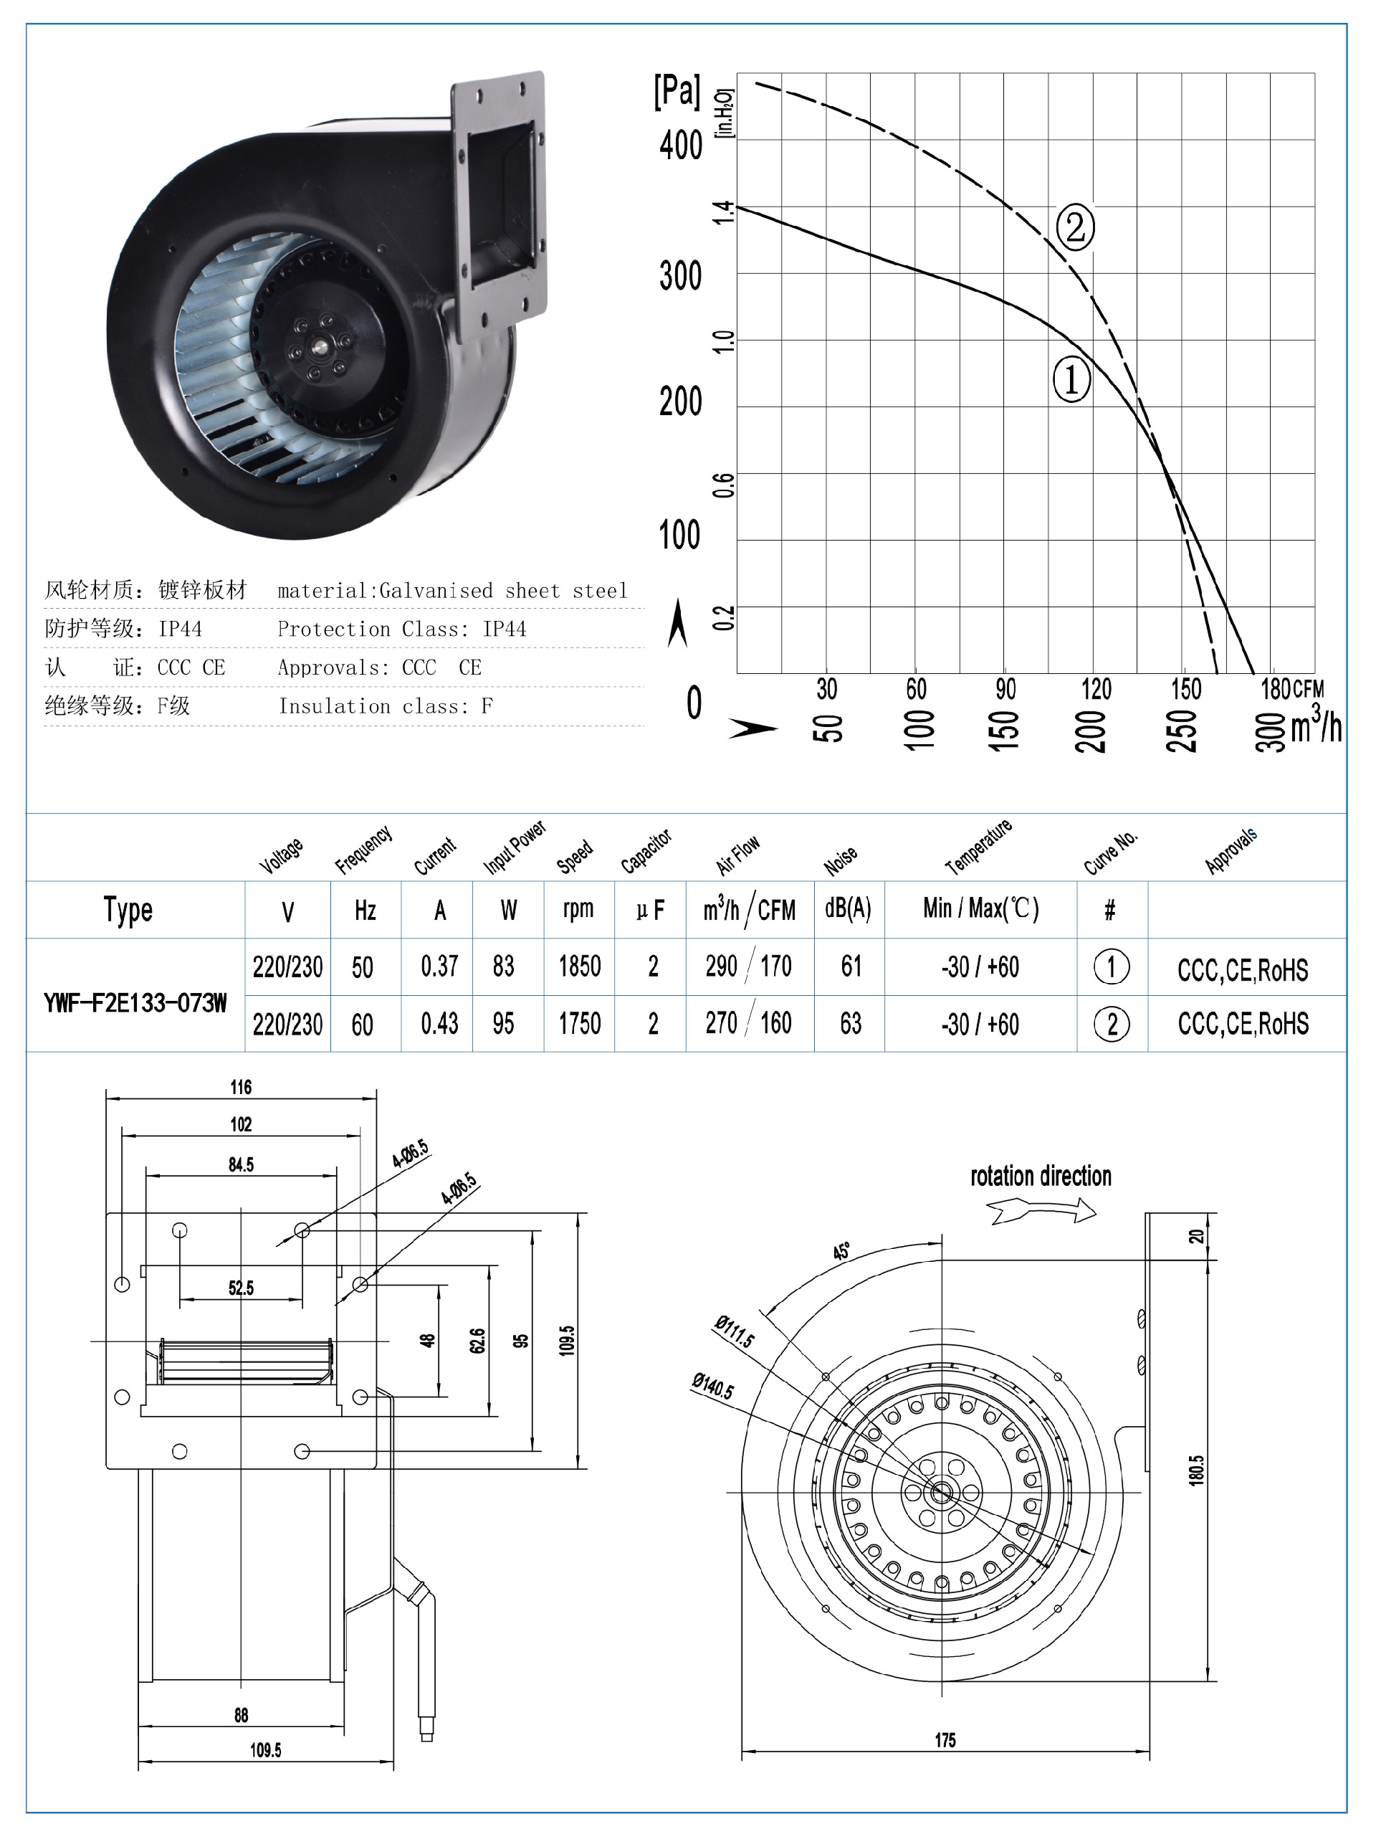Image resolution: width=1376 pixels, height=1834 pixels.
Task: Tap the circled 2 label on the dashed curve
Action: [x=1075, y=227]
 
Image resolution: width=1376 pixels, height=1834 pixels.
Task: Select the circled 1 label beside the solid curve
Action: [x=1071, y=381]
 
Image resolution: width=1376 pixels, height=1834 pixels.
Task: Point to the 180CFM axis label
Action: [x=1292, y=689]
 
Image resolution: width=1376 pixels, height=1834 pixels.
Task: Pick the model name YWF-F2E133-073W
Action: [x=135, y=1003]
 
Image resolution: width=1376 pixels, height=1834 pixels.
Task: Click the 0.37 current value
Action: [x=439, y=966]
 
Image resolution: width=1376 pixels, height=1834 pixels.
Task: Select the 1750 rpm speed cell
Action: [x=579, y=1023]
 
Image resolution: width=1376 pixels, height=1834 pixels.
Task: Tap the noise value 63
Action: [x=851, y=1023]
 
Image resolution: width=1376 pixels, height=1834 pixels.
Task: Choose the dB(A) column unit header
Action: [x=848, y=908]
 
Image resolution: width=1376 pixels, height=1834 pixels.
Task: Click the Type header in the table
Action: [x=128, y=910]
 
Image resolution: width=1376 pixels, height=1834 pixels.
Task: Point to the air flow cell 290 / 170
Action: [x=747, y=966]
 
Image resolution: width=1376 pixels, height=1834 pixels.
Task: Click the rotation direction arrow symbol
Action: [x=1042, y=1213]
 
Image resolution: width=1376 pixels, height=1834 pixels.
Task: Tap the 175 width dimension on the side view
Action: [x=945, y=1740]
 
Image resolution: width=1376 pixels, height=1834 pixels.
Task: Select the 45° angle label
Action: [x=841, y=1251]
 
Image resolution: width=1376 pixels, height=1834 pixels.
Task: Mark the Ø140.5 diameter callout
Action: [x=713, y=1385]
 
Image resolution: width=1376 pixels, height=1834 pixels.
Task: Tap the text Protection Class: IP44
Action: [x=401, y=629]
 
